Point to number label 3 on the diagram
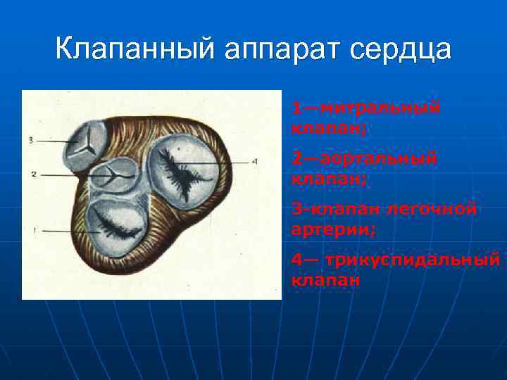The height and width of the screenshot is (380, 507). coord(31,141)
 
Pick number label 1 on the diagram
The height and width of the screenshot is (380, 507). coord(34,230)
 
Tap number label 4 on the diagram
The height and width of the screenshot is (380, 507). coord(255,161)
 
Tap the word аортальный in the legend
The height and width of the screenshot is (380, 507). coord(373,159)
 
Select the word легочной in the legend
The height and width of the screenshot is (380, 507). coord(441,209)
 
